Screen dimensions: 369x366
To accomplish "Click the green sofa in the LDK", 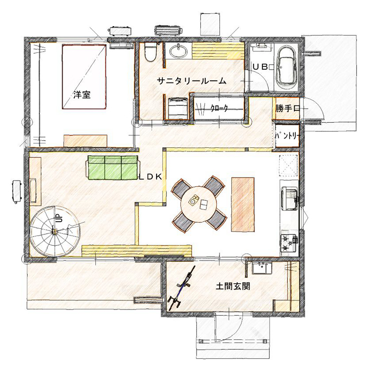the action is click(113, 168).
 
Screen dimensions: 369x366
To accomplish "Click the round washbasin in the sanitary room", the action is click(178, 50).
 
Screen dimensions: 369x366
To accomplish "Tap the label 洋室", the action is click(82, 95).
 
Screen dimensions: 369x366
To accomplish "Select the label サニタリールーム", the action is click(192, 81).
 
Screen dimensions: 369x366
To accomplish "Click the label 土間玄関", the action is click(233, 287).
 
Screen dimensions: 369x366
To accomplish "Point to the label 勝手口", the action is click(288, 109).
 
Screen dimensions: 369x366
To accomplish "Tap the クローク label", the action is click(219, 108).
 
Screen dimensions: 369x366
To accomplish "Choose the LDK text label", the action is click(150, 177).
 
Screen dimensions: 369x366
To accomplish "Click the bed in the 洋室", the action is click(84, 77).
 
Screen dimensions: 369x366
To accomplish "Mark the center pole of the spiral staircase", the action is click(55, 232).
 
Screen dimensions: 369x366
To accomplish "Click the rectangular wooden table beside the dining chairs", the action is click(243, 204).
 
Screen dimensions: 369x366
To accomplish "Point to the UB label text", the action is click(260, 67).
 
